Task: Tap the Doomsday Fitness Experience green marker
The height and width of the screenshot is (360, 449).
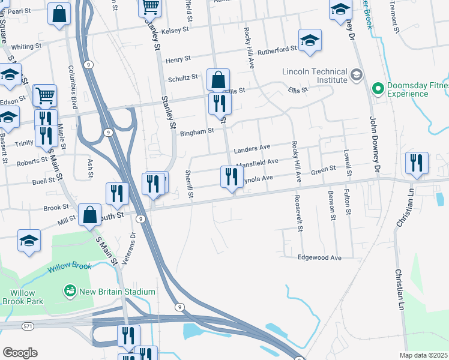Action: (x=378, y=89)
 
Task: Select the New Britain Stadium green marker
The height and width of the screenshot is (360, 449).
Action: (x=70, y=292)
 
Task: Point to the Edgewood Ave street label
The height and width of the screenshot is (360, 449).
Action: (x=320, y=257)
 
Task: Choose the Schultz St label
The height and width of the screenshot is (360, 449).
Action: (x=183, y=78)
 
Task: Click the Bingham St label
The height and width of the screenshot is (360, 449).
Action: (x=197, y=131)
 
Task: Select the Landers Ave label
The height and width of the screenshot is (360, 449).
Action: (x=252, y=148)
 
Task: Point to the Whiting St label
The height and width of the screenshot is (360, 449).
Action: (x=26, y=46)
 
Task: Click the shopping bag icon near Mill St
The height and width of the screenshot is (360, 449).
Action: (x=89, y=215)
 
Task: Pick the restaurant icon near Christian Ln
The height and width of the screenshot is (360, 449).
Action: (x=417, y=163)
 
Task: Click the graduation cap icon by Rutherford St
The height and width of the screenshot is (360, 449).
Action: (x=310, y=41)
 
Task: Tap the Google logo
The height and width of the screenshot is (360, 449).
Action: (x=20, y=353)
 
